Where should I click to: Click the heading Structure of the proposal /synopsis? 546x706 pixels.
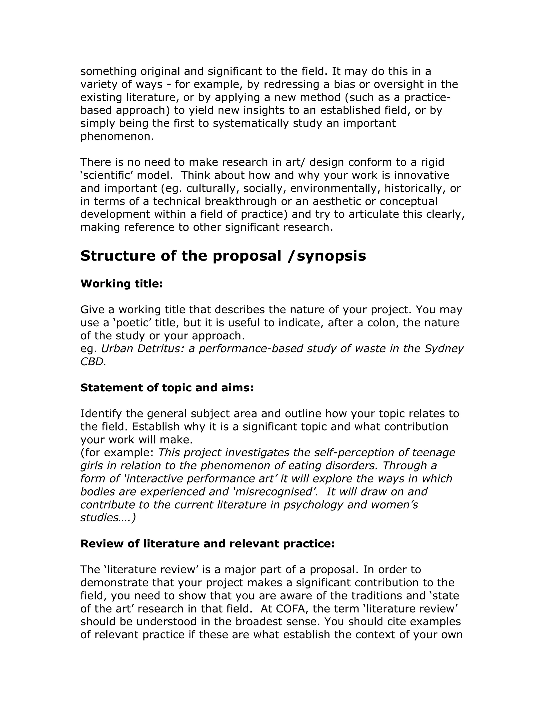[x=223, y=256]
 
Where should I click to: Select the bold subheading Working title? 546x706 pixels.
[x=121, y=284]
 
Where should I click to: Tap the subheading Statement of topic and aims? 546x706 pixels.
[x=167, y=388]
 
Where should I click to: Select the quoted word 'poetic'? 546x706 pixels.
[x=132, y=323]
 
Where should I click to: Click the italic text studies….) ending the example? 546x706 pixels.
[x=108, y=518]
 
